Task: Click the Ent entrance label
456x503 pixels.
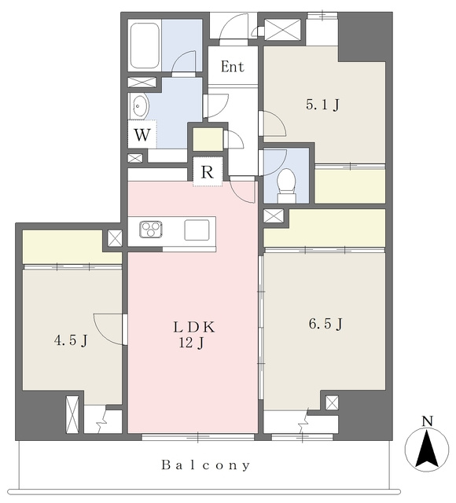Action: point(233,66)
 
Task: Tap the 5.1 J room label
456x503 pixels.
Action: point(322,105)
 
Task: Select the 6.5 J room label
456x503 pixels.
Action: point(325,324)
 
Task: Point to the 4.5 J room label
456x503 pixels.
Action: point(71,340)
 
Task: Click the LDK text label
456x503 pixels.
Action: point(194,327)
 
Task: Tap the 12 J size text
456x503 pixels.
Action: point(191,343)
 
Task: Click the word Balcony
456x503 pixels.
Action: point(205,464)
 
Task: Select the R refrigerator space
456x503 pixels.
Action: point(208,172)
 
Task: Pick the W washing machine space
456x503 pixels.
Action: point(142,134)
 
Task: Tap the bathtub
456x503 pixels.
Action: point(145,46)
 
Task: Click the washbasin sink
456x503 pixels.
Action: point(139,105)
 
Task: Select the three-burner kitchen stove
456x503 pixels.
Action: point(150,229)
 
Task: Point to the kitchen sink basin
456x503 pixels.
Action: point(197,229)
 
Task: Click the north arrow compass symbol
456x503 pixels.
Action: point(427,450)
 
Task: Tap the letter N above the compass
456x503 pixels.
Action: point(427,421)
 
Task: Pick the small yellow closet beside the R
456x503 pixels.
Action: point(208,139)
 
